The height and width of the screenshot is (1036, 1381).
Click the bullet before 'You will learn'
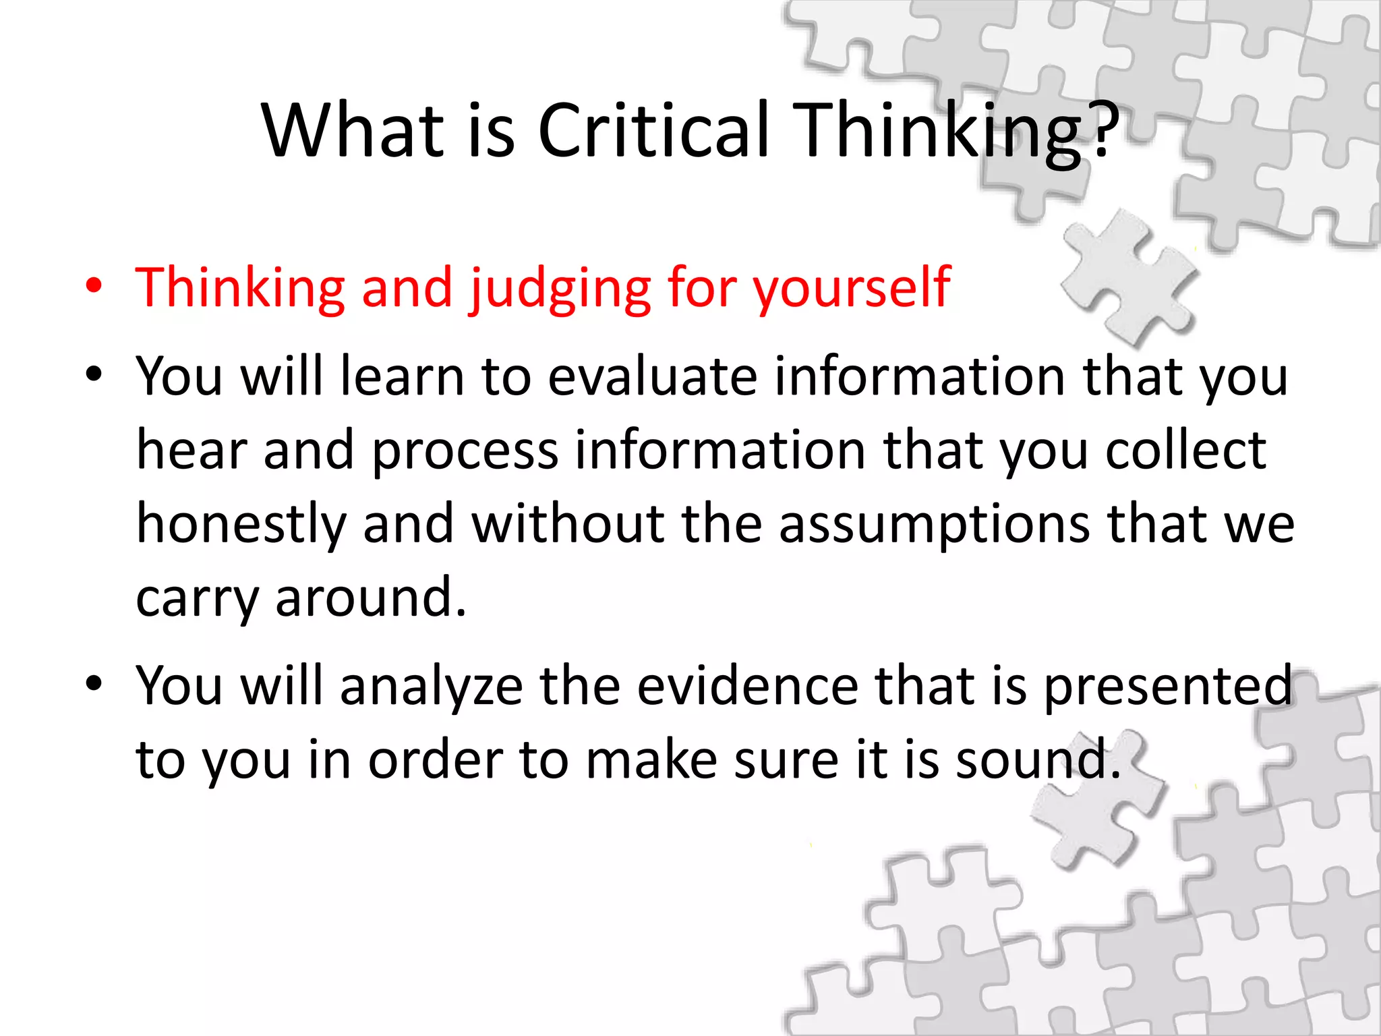94,374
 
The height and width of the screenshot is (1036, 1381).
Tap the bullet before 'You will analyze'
94,684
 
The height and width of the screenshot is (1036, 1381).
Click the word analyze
432,687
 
